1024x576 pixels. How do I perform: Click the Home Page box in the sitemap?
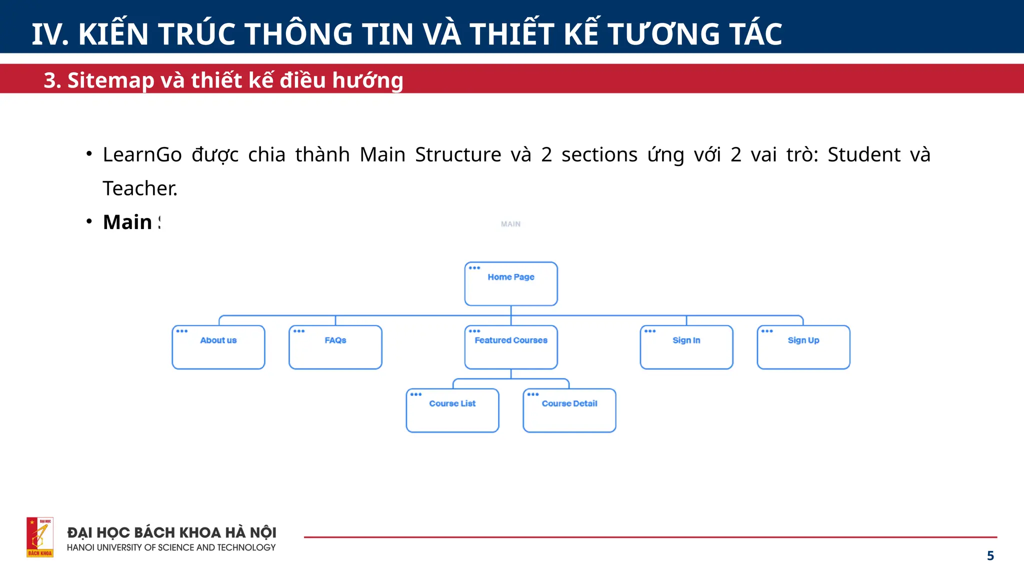(x=510, y=283)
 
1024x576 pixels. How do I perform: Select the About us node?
(x=218, y=347)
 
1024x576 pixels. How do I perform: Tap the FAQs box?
(x=335, y=347)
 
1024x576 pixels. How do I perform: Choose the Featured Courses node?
(x=510, y=347)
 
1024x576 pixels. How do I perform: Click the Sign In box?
(x=686, y=347)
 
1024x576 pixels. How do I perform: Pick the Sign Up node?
(x=803, y=347)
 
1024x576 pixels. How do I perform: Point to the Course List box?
(x=452, y=410)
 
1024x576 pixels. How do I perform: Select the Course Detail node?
(x=569, y=410)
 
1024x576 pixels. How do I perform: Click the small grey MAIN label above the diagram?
(x=510, y=224)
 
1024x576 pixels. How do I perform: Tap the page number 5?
(x=990, y=555)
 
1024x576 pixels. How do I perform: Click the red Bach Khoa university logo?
(x=40, y=537)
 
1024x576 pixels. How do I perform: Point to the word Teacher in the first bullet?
(x=139, y=188)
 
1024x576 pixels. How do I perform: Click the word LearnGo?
(x=142, y=154)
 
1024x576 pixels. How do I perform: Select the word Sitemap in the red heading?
(x=111, y=80)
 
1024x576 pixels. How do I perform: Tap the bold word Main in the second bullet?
(x=127, y=222)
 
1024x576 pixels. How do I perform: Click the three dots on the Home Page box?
(x=474, y=268)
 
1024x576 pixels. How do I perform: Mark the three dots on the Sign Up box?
(x=766, y=331)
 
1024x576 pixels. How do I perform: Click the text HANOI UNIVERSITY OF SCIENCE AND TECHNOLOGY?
(x=171, y=547)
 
